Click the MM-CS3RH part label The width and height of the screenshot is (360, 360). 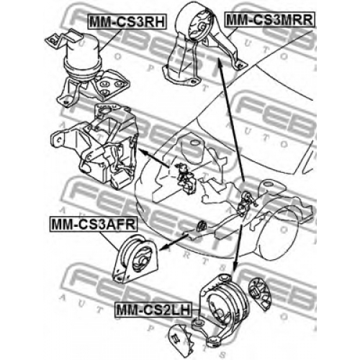click(127, 22)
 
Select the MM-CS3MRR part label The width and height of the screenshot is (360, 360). click(269, 19)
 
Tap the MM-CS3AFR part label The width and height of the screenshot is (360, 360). click(94, 225)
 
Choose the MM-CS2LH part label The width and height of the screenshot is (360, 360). click(153, 310)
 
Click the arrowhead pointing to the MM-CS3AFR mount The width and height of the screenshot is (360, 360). click(163, 248)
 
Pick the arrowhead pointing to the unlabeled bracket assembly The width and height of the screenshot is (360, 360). click(142, 150)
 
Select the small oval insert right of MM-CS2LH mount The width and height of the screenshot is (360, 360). click(259, 293)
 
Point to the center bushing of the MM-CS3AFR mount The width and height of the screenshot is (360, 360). click(141, 261)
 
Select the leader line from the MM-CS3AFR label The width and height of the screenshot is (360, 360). click(109, 242)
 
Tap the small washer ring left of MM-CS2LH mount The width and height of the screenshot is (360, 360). click(197, 323)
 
